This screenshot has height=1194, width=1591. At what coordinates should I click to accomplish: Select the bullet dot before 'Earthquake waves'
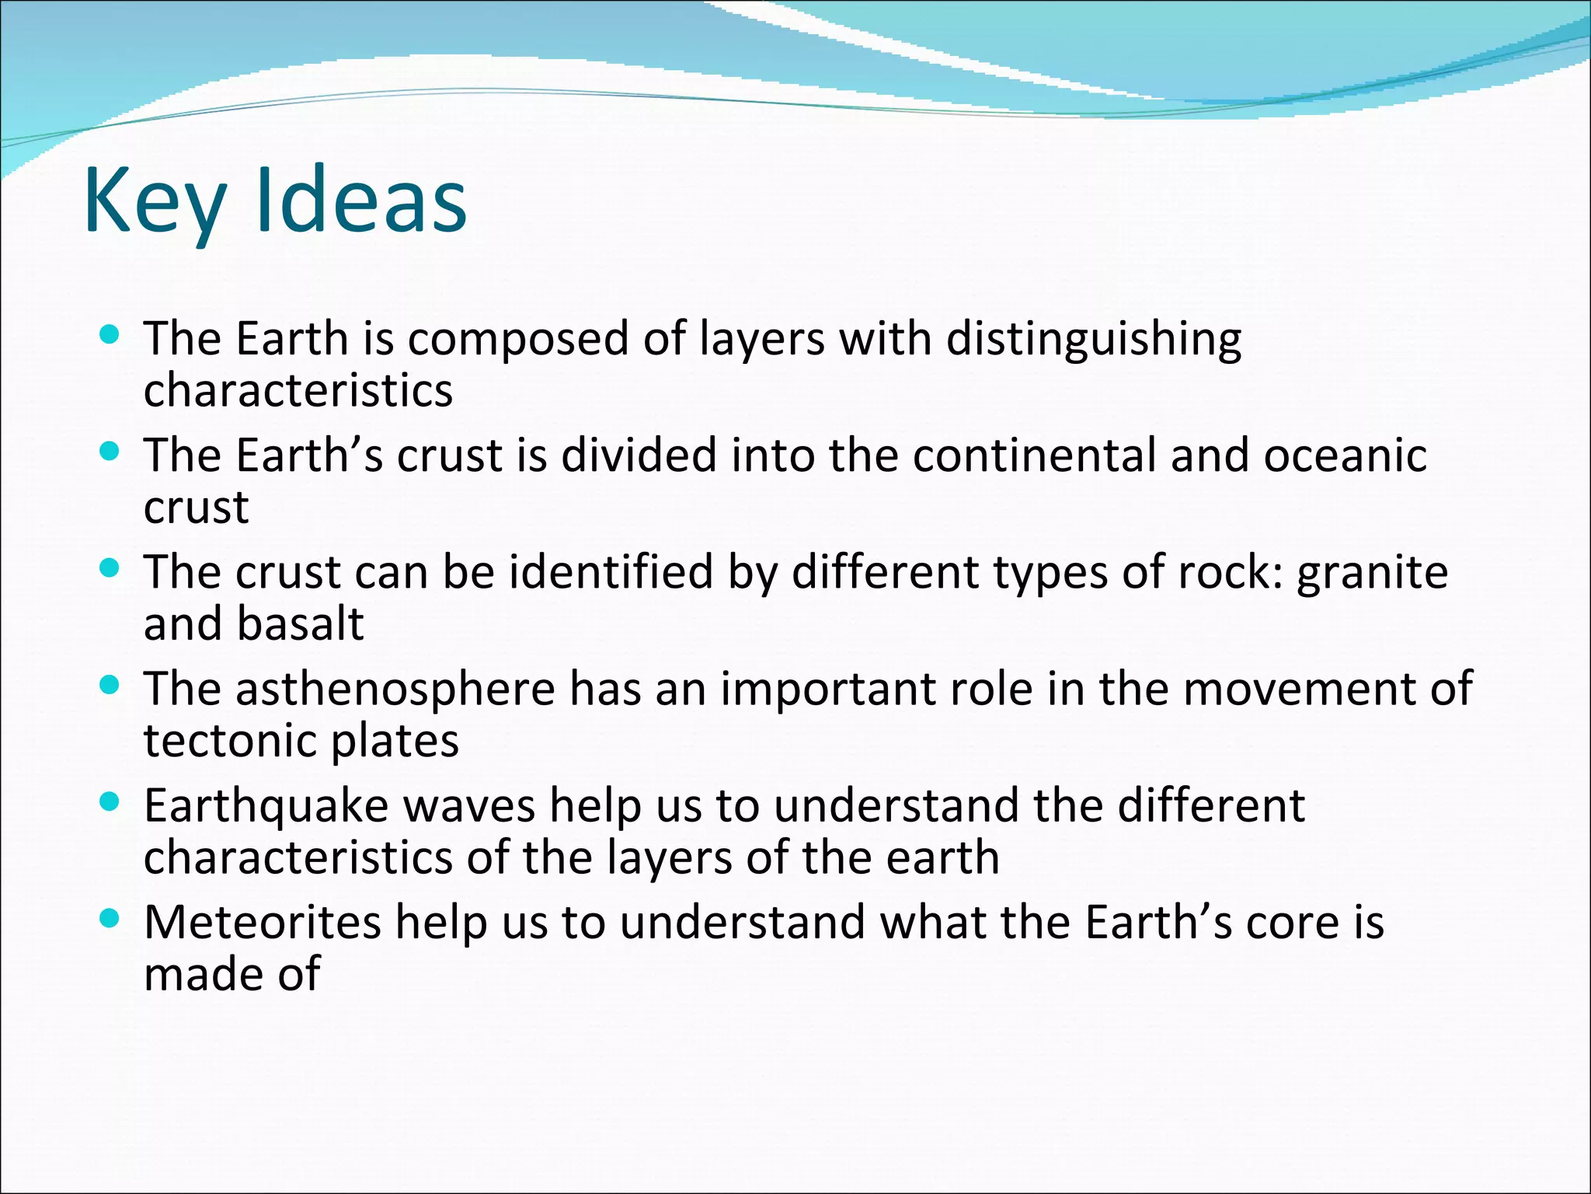click(110, 802)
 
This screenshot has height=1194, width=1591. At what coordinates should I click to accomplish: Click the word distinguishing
click(1093, 340)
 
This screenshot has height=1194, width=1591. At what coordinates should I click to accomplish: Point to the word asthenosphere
click(395, 690)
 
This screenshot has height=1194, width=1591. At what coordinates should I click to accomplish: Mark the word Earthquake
click(266, 806)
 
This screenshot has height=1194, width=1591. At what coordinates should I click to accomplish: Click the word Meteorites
click(263, 923)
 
